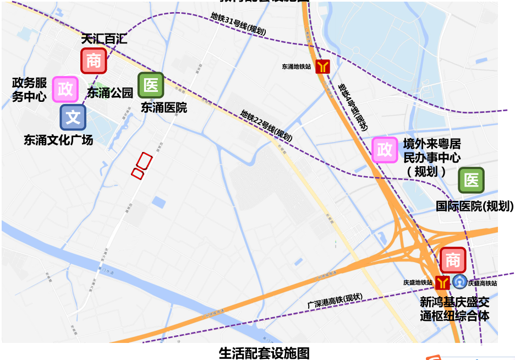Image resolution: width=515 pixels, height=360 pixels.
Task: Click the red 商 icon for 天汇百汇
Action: point(94,61)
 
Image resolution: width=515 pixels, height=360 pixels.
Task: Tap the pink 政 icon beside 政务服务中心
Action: point(65,89)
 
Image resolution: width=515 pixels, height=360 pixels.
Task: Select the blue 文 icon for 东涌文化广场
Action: point(73,117)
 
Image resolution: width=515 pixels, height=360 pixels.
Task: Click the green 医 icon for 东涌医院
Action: point(151,85)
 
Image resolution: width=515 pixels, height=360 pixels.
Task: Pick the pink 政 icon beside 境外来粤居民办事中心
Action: point(385,149)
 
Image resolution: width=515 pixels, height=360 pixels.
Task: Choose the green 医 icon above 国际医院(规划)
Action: point(471,180)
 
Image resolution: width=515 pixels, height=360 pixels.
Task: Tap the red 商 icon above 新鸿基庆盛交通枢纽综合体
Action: point(453,260)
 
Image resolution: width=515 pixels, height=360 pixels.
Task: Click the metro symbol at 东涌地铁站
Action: point(322,67)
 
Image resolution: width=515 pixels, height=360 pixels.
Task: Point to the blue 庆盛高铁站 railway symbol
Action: point(459,282)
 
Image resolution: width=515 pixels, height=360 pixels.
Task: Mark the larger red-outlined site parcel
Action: point(144,161)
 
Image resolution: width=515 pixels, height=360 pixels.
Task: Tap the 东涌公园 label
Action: point(110,92)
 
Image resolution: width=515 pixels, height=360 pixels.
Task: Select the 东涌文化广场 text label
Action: point(58,140)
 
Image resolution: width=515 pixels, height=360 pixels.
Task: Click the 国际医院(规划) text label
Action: point(474,206)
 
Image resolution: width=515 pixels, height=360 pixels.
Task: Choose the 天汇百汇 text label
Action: point(104,40)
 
